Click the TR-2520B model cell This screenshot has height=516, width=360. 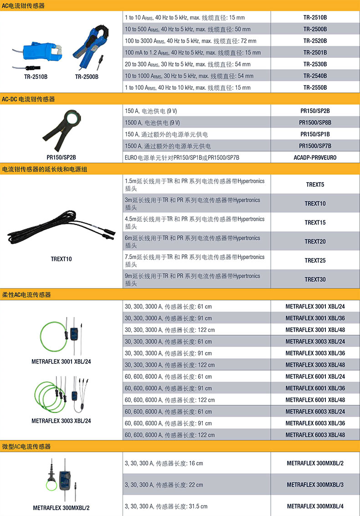coord(315,41)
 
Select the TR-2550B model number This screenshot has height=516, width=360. coord(315,87)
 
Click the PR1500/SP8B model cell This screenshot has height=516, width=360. coord(315,123)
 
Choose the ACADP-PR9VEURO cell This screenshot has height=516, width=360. coord(315,158)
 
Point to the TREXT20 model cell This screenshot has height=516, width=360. coord(315,241)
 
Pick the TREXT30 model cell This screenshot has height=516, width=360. coord(315,279)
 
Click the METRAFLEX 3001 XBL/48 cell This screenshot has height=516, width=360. coord(315,330)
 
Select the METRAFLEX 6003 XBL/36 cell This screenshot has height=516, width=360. coord(315,423)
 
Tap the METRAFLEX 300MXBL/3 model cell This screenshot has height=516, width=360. coord(315,485)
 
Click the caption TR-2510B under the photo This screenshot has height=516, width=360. coord(36,77)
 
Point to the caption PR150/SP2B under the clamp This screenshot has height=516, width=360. coord(61,158)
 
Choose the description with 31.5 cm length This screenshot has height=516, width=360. coord(166,506)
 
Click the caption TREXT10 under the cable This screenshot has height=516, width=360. coord(61,259)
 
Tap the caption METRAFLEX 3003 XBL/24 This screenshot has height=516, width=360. coord(61,421)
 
